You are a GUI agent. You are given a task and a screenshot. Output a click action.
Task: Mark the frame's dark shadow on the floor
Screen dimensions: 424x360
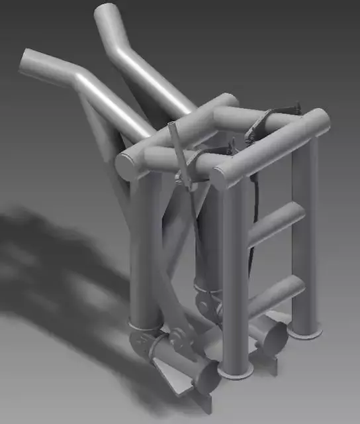click(x=53, y=265)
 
